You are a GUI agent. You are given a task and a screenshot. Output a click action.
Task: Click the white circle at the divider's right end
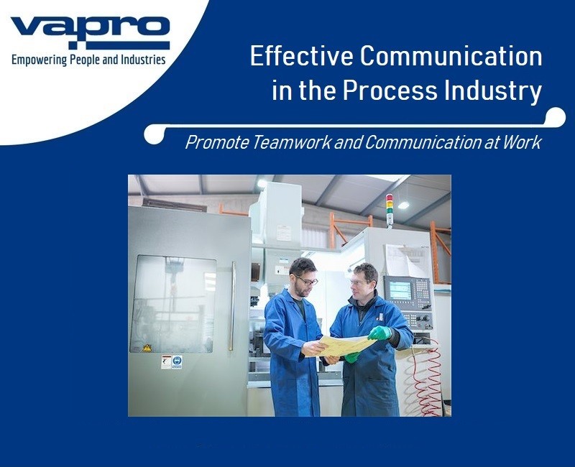(x=556, y=116)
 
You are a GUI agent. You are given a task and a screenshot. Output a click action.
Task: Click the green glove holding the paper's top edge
(x=380, y=333)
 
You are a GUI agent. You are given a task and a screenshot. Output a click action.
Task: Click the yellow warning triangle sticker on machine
(x=147, y=348)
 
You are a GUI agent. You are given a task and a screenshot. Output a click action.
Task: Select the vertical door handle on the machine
(x=232, y=305)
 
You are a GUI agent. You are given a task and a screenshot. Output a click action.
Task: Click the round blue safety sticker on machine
(x=177, y=362)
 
